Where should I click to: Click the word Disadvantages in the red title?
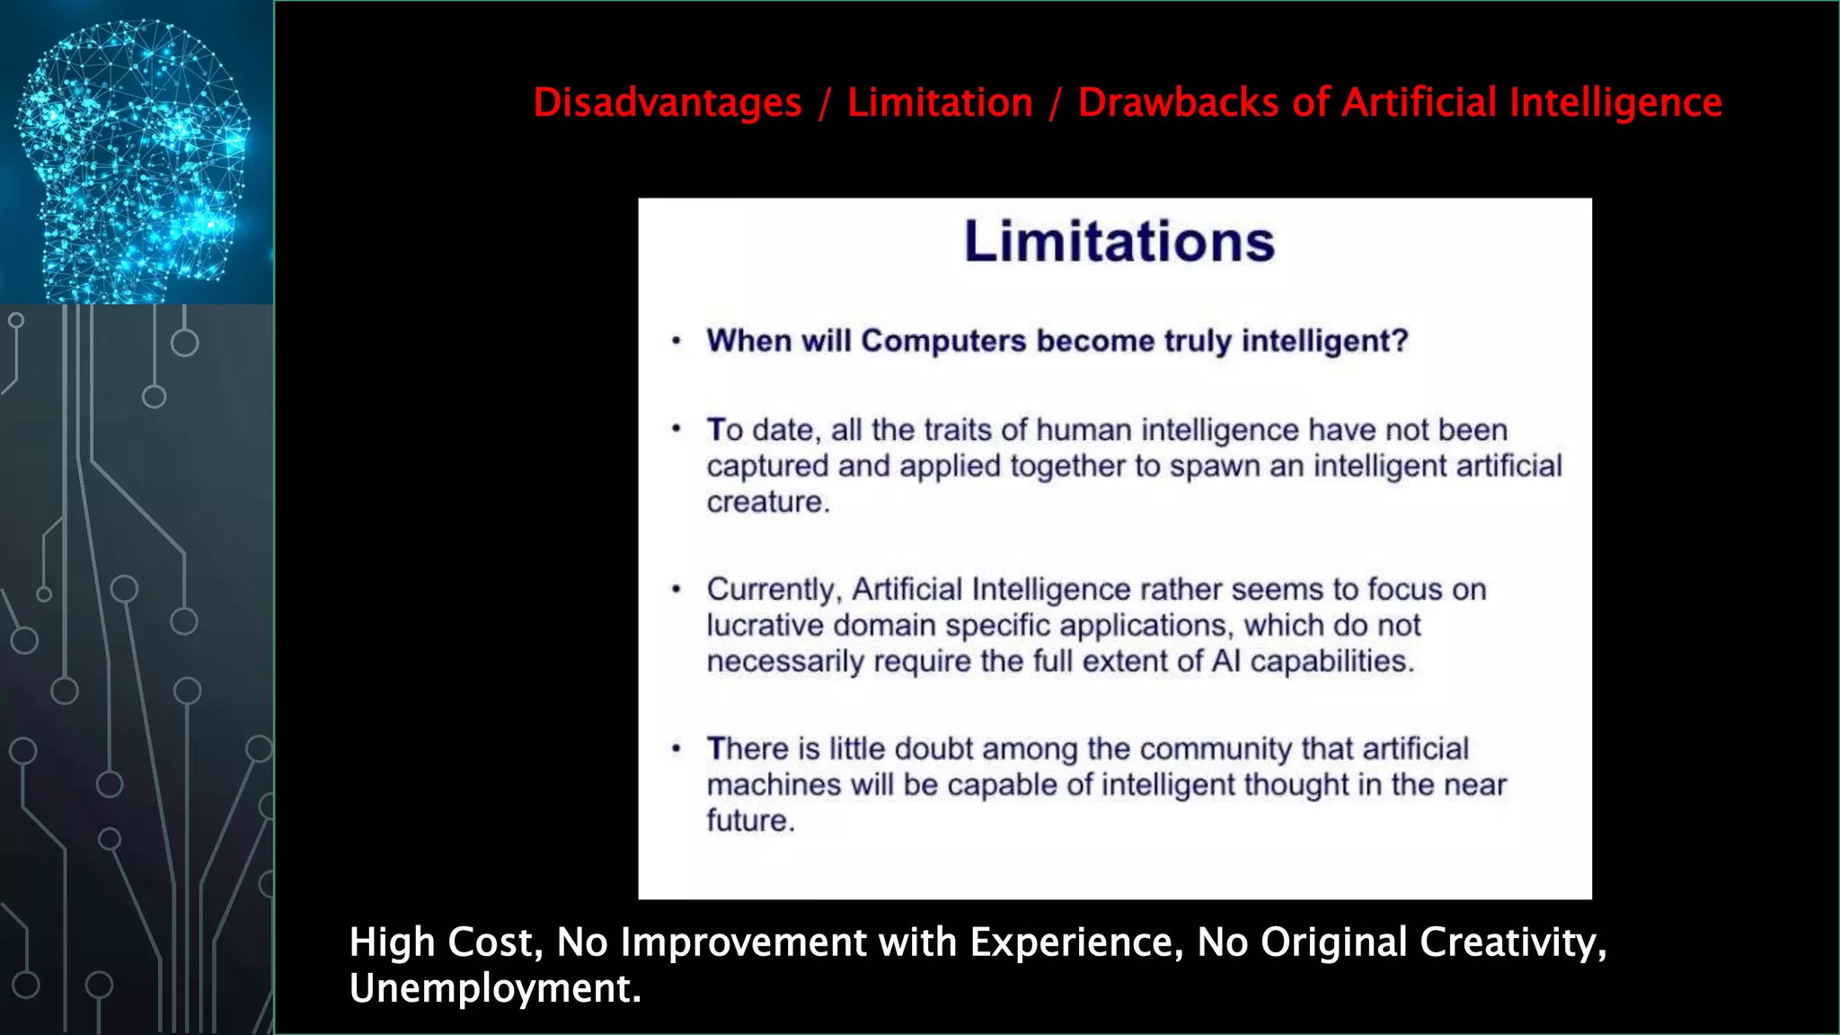(x=668, y=102)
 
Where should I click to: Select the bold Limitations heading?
(x=1119, y=242)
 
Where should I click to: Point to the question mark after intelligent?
(x=1399, y=341)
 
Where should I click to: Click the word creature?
(x=765, y=502)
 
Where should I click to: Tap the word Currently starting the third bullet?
(x=773, y=590)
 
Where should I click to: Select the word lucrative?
(x=765, y=625)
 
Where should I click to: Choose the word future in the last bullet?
(x=748, y=820)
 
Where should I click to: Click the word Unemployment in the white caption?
(x=493, y=989)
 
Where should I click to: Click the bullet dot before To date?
(x=677, y=429)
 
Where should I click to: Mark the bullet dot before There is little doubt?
(x=677, y=748)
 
